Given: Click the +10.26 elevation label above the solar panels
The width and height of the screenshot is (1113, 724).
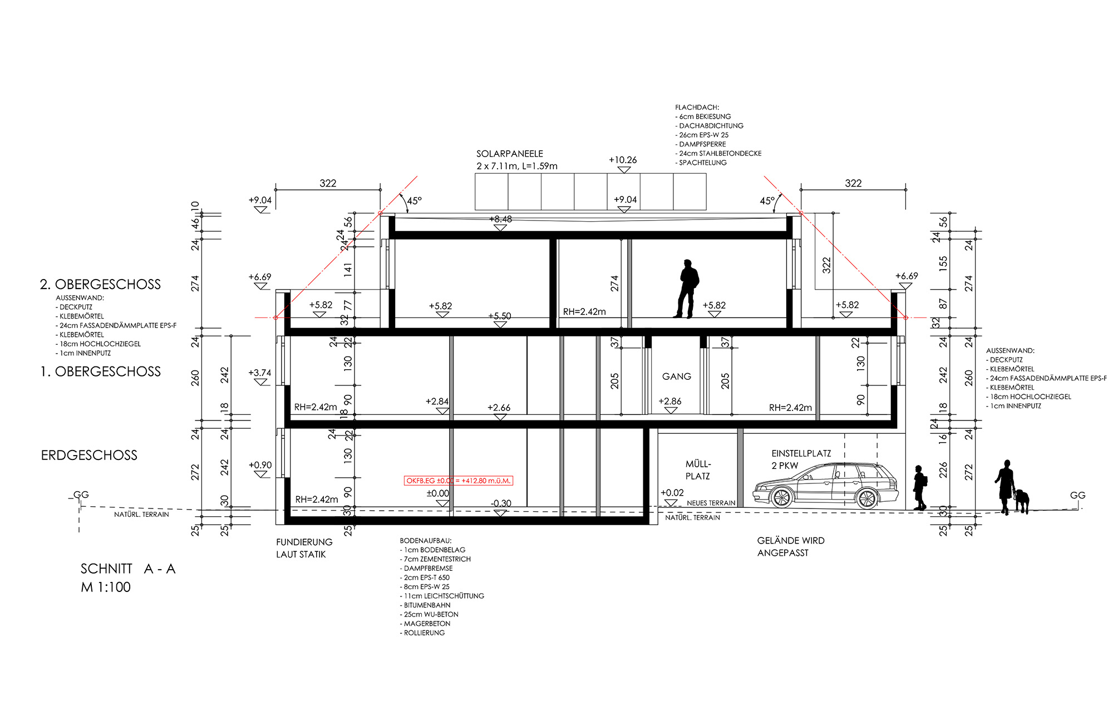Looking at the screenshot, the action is coord(623,160).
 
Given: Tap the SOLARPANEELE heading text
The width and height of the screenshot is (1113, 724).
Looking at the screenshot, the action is coord(510,154).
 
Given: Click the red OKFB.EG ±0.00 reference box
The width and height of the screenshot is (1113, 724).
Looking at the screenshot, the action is coord(458,481).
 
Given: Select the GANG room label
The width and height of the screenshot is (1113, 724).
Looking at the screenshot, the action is coord(677,376).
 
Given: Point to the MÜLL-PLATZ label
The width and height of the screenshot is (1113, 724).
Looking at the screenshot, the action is coord(698,470).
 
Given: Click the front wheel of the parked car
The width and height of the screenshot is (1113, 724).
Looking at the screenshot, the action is coord(781,497).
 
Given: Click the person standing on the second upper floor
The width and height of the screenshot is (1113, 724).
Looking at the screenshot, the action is coord(688,288).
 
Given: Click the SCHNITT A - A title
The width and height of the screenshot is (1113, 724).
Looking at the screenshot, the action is coord(128,569).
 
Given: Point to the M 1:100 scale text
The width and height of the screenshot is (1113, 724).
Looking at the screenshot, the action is coord(106,587).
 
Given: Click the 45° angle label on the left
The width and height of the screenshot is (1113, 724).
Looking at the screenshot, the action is coord(415,200).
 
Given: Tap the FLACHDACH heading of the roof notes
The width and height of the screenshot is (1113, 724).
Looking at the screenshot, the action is coord(697,107).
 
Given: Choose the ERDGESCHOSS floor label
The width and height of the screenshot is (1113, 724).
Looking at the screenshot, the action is coord(89,455).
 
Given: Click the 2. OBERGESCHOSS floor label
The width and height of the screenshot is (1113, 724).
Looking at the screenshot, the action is coord(100,284).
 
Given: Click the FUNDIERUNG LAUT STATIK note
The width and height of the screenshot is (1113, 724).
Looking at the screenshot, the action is coord(304,548).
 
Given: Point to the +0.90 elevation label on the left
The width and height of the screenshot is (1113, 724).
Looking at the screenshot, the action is coord(260,465).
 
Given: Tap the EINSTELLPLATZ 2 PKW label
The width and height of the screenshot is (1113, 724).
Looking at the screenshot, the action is coord(801,459).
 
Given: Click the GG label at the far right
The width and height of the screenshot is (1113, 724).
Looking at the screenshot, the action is coord(1077,495).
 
